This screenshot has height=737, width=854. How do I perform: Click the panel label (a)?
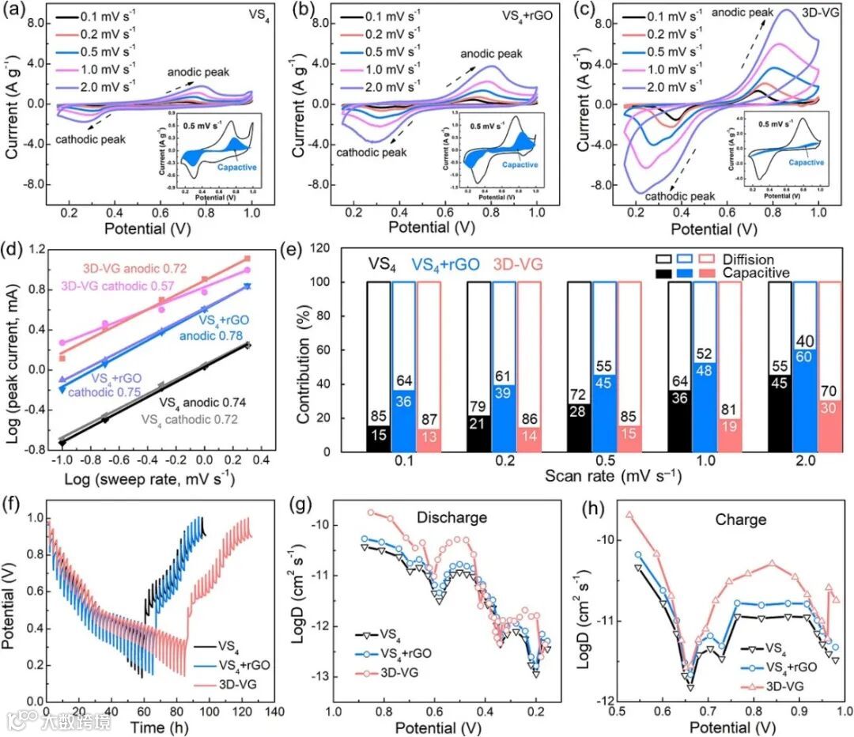[18, 10]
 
